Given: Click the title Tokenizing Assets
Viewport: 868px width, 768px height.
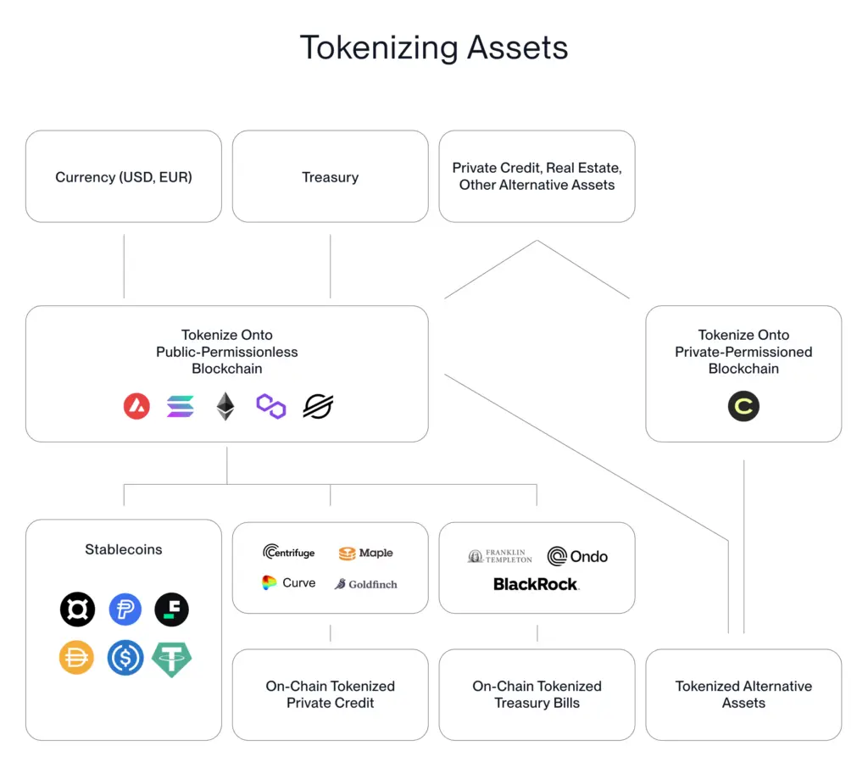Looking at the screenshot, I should pyautogui.click(x=433, y=48).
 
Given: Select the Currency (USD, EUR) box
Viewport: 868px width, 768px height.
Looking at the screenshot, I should pyautogui.click(x=124, y=177).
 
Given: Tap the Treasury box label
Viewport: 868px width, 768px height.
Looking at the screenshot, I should pyautogui.click(x=330, y=177).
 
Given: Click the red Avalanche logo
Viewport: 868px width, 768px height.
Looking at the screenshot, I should pyautogui.click(x=136, y=407).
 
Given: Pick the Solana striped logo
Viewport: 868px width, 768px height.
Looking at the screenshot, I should pyautogui.click(x=181, y=407).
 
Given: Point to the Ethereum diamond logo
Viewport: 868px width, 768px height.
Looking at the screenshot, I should pyautogui.click(x=225, y=407).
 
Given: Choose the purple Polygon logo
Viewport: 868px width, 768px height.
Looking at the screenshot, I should pyautogui.click(x=271, y=407).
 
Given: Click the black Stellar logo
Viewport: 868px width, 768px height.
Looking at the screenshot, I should pyautogui.click(x=319, y=407).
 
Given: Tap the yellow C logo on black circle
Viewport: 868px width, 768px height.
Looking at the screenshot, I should pyautogui.click(x=743, y=407).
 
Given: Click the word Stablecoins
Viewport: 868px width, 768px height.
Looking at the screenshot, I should pyautogui.click(x=124, y=549).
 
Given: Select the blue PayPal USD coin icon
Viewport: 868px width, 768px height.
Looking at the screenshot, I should pyautogui.click(x=125, y=609).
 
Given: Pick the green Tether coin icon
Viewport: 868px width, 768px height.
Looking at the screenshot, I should pyautogui.click(x=172, y=659).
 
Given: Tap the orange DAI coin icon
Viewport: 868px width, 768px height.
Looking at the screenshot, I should pyautogui.click(x=76, y=659).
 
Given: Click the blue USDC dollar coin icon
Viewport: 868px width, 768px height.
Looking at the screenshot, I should pyautogui.click(x=125, y=659).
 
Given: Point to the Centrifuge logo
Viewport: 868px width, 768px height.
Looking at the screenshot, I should pyautogui.click(x=288, y=553).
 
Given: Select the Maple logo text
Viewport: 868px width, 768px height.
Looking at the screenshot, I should pyautogui.click(x=366, y=554).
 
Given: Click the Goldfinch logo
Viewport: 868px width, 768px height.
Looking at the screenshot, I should pyautogui.click(x=365, y=584).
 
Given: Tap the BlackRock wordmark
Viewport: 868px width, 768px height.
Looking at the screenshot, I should pyautogui.click(x=536, y=584).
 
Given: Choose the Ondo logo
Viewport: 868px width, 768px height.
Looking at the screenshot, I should pyautogui.click(x=577, y=556).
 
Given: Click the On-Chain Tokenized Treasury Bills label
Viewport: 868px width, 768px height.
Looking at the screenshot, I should pyautogui.click(x=537, y=694).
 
